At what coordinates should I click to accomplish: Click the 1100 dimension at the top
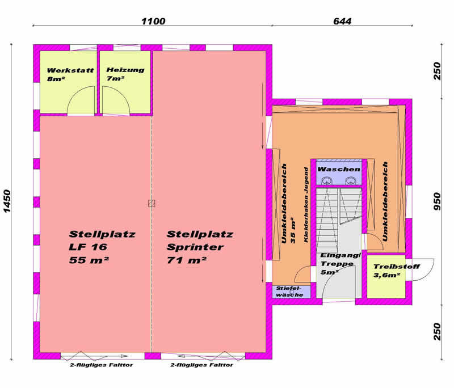(153, 21)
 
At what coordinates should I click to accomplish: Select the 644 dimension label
(342, 21)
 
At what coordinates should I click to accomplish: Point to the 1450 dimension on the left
(7, 201)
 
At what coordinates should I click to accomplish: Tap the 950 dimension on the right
(437, 201)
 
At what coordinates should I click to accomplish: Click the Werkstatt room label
(70, 70)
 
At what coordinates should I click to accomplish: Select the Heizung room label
(125, 70)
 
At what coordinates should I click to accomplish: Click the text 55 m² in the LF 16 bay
(89, 260)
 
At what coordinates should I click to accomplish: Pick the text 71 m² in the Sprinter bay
(187, 260)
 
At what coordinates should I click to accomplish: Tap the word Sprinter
(195, 247)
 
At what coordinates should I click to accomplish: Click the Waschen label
(339, 169)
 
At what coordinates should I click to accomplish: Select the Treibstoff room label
(396, 267)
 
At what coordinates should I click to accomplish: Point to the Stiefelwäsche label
(289, 292)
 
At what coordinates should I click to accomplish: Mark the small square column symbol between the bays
(152, 204)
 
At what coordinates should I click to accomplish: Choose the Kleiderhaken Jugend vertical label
(306, 205)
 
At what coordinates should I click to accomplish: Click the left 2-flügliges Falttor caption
(101, 365)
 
